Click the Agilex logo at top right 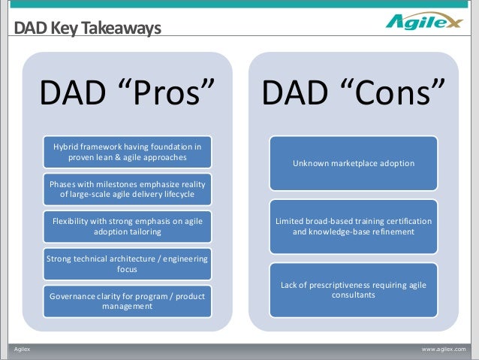point(424,21)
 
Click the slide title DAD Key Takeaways point(87,28)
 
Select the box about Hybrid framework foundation point(128,152)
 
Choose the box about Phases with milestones point(128,189)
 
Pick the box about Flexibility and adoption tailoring point(128,227)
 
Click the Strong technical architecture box point(128,264)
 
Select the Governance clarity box point(128,301)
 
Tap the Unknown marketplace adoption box point(354,163)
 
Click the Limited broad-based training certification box point(354,227)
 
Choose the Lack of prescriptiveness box point(354,290)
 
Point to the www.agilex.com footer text point(444,349)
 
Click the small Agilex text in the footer point(22,349)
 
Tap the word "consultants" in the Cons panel point(354,295)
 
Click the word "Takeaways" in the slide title point(121,28)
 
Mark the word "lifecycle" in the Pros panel point(179,195)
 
